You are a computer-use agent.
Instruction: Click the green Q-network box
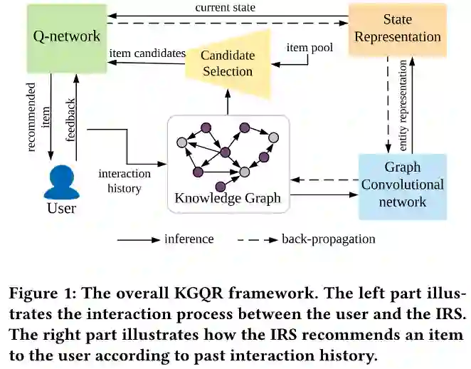click(68, 36)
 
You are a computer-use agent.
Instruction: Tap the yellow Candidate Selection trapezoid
click(227, 63)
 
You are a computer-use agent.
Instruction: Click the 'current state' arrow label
click(225, 7)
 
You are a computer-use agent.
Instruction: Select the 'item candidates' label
click(147, 53)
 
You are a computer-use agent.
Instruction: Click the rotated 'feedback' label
click(71, 121)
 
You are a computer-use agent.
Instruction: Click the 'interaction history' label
click(124, 181)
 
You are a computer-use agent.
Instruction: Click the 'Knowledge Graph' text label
click(228, 199)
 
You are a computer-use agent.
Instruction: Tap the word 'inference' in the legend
click(189, 239)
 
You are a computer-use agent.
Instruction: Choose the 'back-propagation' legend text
click(328, 239)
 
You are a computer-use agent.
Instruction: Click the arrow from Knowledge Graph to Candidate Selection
click(228, 105)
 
